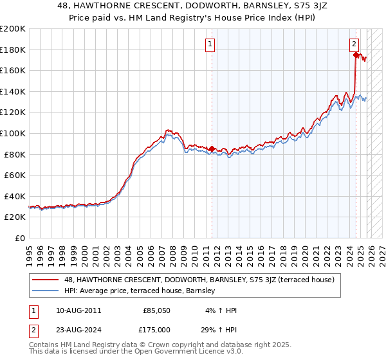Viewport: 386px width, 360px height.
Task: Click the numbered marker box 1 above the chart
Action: pos(211,44)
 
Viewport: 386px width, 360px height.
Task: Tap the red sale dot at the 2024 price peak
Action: pos(356,55)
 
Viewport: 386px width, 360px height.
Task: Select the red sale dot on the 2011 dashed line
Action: pos(212,148)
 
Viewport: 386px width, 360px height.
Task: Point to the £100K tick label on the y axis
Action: pos(13,133)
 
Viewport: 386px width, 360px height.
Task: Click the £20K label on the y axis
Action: pos(15,217)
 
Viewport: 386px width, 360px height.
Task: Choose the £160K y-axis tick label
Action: pos(13,70)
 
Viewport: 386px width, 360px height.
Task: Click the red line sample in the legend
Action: pos(46,280)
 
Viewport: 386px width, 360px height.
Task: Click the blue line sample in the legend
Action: pos(46,291)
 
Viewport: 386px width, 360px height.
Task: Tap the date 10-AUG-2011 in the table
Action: pos(78,310)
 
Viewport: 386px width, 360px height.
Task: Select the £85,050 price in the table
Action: pos(157,310)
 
